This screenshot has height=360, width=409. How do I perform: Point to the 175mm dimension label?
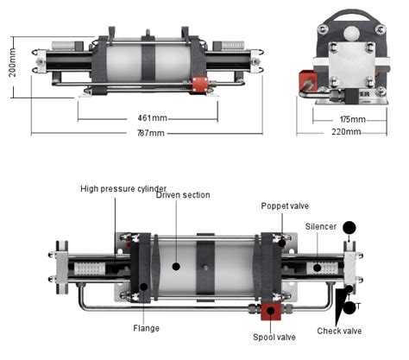tap(352, 118)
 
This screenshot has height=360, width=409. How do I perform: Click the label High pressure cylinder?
tap(123, 187)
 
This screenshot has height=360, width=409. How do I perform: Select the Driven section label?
tap(182, 195)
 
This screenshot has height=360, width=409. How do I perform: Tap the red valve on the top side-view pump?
tap(200, 85)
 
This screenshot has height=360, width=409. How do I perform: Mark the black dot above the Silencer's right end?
tap(349, 230)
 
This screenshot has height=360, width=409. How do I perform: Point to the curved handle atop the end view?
tap(351, 16)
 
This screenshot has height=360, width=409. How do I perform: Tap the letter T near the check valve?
tap(359, 305)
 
